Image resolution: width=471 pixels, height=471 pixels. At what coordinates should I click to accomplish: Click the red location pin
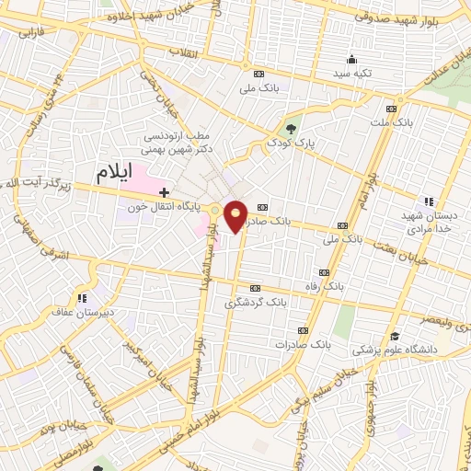tap(235, 215)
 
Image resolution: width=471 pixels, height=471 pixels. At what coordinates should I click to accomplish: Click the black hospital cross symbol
tap(165, 192)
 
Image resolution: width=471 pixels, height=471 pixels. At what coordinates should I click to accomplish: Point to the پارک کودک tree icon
tap(292, 128)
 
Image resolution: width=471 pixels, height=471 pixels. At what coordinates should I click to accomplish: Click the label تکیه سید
tap(353, 74)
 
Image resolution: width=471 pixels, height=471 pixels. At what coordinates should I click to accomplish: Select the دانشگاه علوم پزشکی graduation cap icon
tap(395, 336)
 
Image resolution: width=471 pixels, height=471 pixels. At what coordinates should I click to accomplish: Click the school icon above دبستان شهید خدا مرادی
tap(427, 201)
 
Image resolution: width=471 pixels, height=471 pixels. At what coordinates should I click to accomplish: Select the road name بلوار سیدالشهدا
tap(199, 285)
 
